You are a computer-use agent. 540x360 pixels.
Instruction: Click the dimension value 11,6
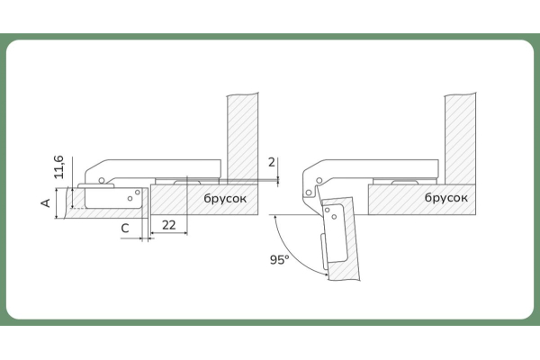59,167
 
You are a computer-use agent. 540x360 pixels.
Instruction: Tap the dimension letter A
46,202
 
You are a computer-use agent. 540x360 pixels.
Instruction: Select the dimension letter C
125,228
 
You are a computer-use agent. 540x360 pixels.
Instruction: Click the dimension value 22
169,225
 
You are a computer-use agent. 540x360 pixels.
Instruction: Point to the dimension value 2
272,162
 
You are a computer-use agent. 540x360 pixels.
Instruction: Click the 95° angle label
279,259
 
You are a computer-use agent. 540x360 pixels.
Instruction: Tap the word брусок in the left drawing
225,198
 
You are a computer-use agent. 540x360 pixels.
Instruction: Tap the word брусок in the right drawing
446,197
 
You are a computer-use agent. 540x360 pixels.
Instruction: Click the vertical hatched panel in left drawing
242,139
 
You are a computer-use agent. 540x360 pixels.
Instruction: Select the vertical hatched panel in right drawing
461,139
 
